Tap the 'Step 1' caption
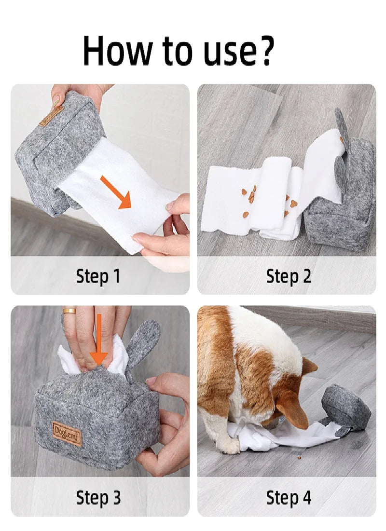coord(98,276)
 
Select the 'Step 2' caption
coord(288,276)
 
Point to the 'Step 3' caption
coord(98,497)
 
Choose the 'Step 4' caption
coord(289,497)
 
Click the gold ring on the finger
coord(69,311)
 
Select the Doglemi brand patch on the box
coord(67,433)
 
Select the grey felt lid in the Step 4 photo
coord(346,407)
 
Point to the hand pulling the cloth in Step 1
coord(166,231)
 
